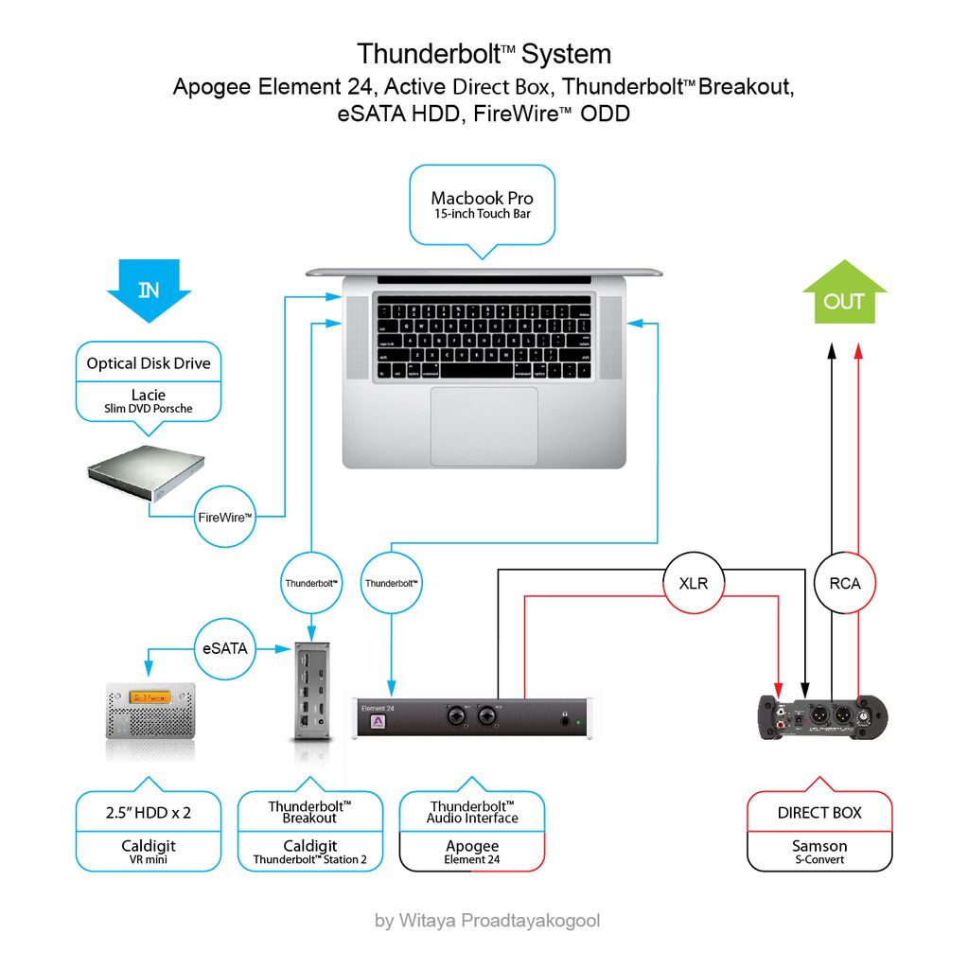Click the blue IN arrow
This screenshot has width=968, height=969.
click(149, 290)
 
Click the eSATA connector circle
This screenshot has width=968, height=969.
click(226, 649)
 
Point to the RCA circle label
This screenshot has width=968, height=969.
click(844, 583)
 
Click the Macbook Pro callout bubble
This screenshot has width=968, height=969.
click(482, 204)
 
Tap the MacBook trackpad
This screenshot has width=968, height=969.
click(484, 426)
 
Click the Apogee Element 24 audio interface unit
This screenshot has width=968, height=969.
click(474, 717)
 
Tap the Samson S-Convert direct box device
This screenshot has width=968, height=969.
click(823, 716)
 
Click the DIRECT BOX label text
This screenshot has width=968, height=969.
click(819, 813)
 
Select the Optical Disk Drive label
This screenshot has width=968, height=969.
click(149, 363)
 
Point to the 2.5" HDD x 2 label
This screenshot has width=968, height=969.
click(149, 813)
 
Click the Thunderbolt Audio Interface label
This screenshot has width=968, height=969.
click(472, 812)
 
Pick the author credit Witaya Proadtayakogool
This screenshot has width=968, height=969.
click(487, 920)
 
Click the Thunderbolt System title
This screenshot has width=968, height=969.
click(484, 53)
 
